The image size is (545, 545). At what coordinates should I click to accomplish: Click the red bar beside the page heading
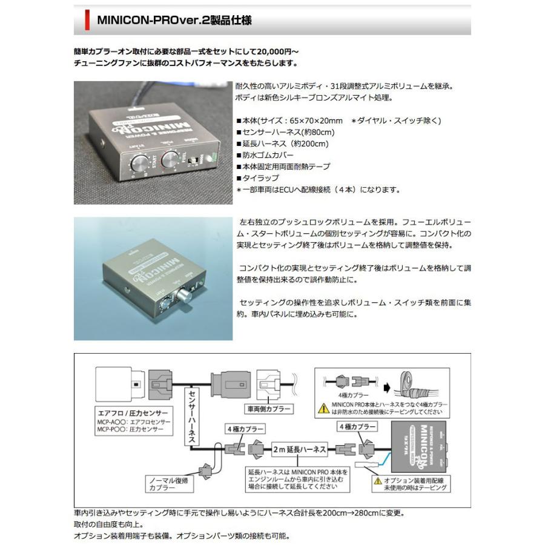coord(87,21)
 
